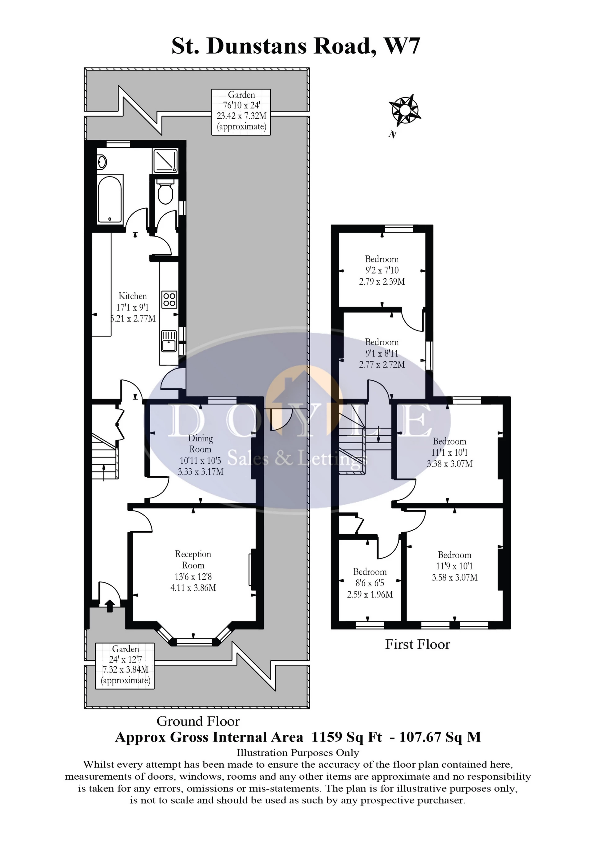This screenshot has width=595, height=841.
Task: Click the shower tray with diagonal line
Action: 165,160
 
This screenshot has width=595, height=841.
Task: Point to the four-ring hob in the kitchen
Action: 169,299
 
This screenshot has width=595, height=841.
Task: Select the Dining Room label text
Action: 201,444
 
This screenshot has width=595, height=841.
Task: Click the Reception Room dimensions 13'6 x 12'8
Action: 193,576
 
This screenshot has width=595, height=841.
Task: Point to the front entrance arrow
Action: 109,606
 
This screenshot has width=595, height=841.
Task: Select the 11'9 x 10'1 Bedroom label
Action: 454,566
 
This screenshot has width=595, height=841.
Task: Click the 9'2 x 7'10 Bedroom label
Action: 382,270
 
